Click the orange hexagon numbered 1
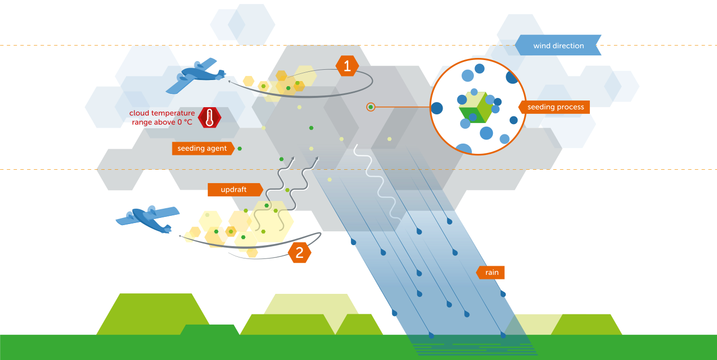coord(347,66)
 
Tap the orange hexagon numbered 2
coord(300,252)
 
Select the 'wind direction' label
coord(558,46)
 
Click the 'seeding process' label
coord(555,107)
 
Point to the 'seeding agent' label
coord(202,149)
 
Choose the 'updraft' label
coord(234,190)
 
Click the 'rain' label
coord(491,272)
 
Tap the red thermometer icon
coord(209,118)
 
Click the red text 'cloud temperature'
coord(162,113)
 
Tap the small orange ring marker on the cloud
coord(371,107)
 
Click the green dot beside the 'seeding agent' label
coord(240,148)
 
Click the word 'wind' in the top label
coord(542,46)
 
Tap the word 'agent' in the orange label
coord(216,149)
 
